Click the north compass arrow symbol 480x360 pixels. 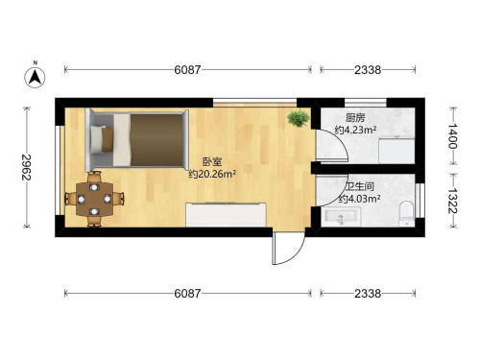36,77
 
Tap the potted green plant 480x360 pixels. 299,118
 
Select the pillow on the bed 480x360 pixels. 102,139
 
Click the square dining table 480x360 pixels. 94,199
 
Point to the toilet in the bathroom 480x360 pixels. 407,213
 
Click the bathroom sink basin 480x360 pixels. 341,217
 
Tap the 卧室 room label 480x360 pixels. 212,161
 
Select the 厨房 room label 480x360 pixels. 355,118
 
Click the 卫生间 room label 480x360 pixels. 359,186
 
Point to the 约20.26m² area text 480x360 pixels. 212,174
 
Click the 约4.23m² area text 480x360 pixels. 355,131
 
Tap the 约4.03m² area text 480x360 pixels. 359,199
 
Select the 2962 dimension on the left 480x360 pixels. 26,167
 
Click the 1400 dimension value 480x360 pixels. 452,136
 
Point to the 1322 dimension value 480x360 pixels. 452,201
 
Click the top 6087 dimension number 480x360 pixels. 187,69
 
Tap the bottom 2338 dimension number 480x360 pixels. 368,293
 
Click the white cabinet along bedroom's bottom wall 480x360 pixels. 226,215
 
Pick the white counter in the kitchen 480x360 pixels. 396,151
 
